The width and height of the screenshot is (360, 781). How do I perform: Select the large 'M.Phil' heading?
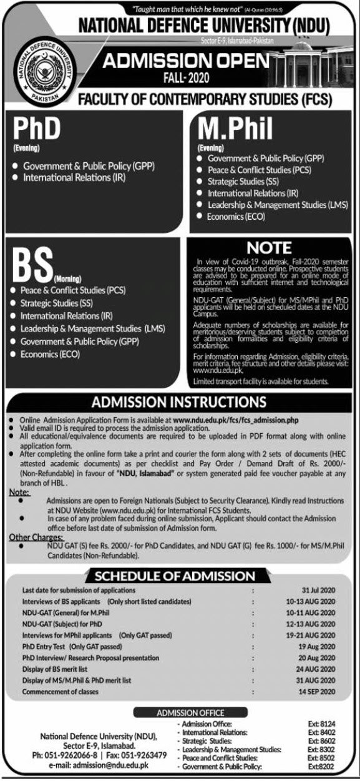(235, 129)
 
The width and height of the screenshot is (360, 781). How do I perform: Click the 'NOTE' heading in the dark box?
(269, 247)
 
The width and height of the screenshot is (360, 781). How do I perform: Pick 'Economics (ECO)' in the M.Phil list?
(236, 217)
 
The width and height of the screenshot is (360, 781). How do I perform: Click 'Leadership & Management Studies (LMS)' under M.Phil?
(278, 205)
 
